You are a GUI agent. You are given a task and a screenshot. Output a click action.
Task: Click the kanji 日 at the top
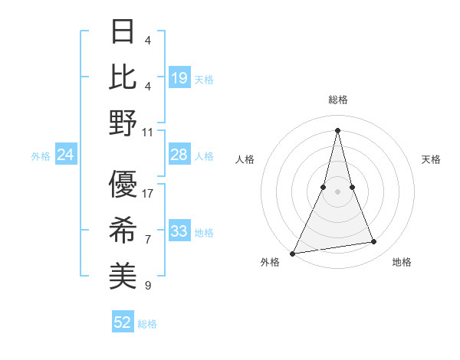tap(123, 32)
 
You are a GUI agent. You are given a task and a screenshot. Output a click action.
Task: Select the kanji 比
tap(123, 77)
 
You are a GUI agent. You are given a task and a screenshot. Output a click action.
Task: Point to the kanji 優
tap(123, 185)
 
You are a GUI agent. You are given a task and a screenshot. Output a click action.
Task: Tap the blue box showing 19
tap(179, 77)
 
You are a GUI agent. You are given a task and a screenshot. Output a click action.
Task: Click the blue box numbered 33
tap(179, 231)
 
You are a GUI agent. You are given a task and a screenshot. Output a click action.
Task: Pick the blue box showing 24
tap(65, 155)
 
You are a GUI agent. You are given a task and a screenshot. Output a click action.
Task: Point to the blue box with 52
tap(123, 322)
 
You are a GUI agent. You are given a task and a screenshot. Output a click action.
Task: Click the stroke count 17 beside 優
tap(148, 193)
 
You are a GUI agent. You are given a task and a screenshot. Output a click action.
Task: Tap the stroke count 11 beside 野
tap(148, 132)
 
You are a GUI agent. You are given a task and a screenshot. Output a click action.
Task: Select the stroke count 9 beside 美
tap(148, 286)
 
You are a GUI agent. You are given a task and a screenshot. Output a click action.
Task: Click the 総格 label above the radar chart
tap(337, 100)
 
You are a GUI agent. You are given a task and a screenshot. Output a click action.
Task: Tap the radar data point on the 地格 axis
tap(374, 242)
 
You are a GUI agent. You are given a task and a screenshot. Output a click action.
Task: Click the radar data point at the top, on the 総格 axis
tap(337, 129)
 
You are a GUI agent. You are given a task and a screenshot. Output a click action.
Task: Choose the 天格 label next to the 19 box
tap(204, 79)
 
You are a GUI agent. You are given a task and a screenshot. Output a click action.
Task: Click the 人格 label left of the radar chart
tap(245, 159)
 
